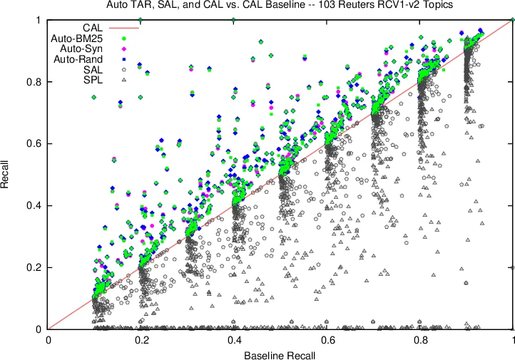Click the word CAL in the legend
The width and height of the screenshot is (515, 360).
point(103,27)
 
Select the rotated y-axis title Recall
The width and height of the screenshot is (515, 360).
point(9,175)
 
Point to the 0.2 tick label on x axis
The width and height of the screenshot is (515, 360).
point(141,340)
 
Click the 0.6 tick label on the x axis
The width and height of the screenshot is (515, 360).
point(327,340)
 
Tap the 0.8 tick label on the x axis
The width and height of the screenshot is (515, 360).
point(421,340)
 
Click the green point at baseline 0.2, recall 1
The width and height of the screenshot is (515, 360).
point(141,20)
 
